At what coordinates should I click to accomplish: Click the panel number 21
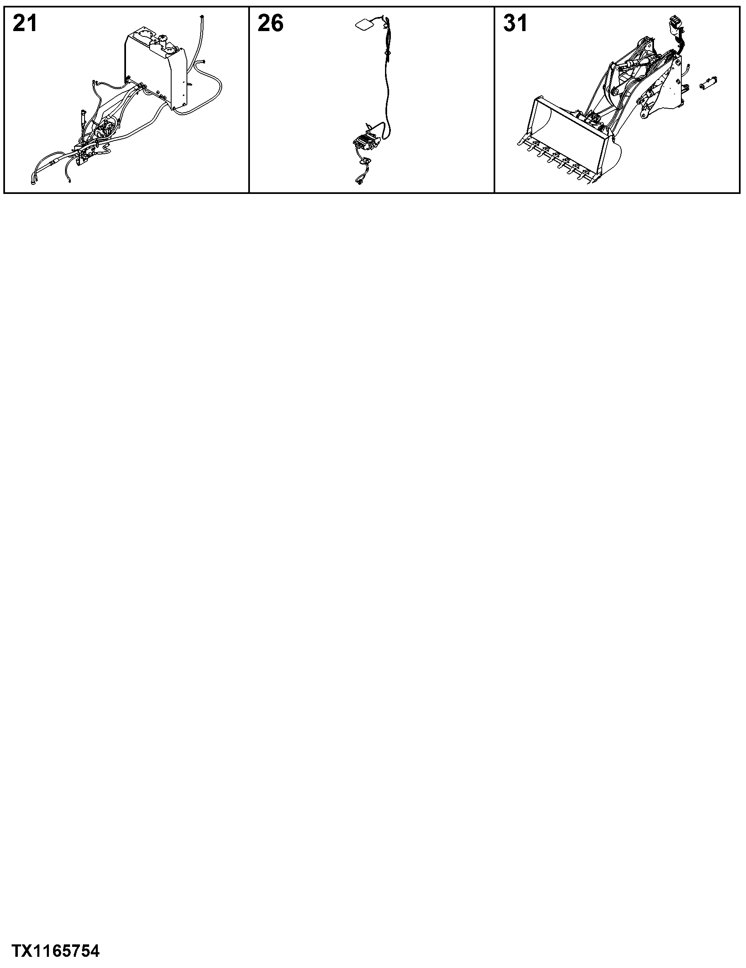click(x=25, y=23)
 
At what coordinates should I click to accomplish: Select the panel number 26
click(x=270, y=23)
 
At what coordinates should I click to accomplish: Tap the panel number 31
click(x=516, y=23)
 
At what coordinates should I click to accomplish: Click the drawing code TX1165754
click(x=56, y=951)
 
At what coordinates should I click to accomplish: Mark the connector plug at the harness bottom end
click(x=358, y=180)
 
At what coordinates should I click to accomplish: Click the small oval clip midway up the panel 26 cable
click(x=388, y=53)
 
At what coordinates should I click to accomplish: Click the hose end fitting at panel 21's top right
click(x=203, y=17)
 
